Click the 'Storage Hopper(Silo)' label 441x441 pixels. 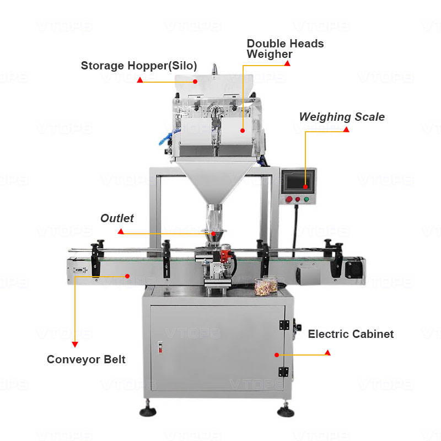click(x=139, y=66)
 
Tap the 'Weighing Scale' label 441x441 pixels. click(x=342, y=117)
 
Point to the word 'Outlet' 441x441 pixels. click(x=117, y=218)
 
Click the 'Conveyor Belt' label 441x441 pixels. click(x=86, y=359)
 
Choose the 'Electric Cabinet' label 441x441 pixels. click(x=351, y=334)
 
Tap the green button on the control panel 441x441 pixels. click(x=308, y=199)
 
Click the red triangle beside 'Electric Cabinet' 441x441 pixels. click(x=327, y=352)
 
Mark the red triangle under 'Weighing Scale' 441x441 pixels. click(x=346, y=130)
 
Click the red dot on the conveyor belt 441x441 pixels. click(x=127, y=275)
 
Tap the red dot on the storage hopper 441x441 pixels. click(x=195, y=81)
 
